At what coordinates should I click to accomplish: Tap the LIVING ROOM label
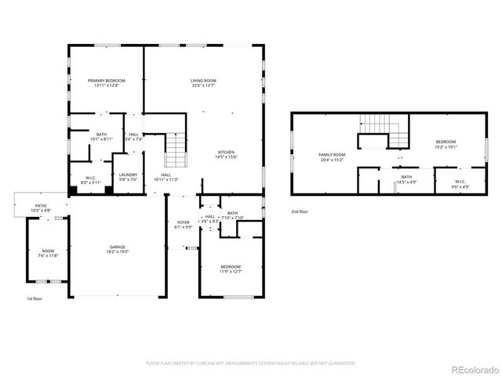[x=203, y=82]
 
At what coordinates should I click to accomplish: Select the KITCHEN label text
[x=226, y=154]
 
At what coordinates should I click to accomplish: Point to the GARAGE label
[x=118, y=249]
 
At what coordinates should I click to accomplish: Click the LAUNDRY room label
[x=127, y=177]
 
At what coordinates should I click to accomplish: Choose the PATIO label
[x=40, y=208]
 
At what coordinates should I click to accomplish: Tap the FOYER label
[x=183, y=224]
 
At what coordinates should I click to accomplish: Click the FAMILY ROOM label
[x=332, y=157]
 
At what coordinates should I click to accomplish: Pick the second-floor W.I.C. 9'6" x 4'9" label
[x=459, y=185]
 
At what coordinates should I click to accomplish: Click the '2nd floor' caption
[x=300, y=211]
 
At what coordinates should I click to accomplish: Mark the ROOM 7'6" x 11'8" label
[x=49, y=253]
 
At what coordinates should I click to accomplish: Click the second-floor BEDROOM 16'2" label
[x=447, y=144]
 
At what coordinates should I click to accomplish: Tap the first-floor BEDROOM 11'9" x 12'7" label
[x=231, y=270]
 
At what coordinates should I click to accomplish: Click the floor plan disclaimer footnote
[x=251, y=363]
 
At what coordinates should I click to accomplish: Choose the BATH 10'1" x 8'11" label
[x=102, y=136]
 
